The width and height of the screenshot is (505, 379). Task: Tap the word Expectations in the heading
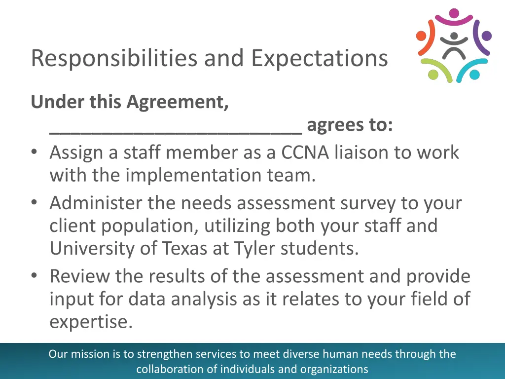tap(319, 58)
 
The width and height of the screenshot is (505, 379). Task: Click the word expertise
tap(91, 322)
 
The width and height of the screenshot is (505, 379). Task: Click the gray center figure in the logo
tap(454, 46)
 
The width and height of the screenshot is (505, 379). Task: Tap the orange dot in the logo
tap(422, 36)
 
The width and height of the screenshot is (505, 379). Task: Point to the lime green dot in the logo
tap(433, 75)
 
